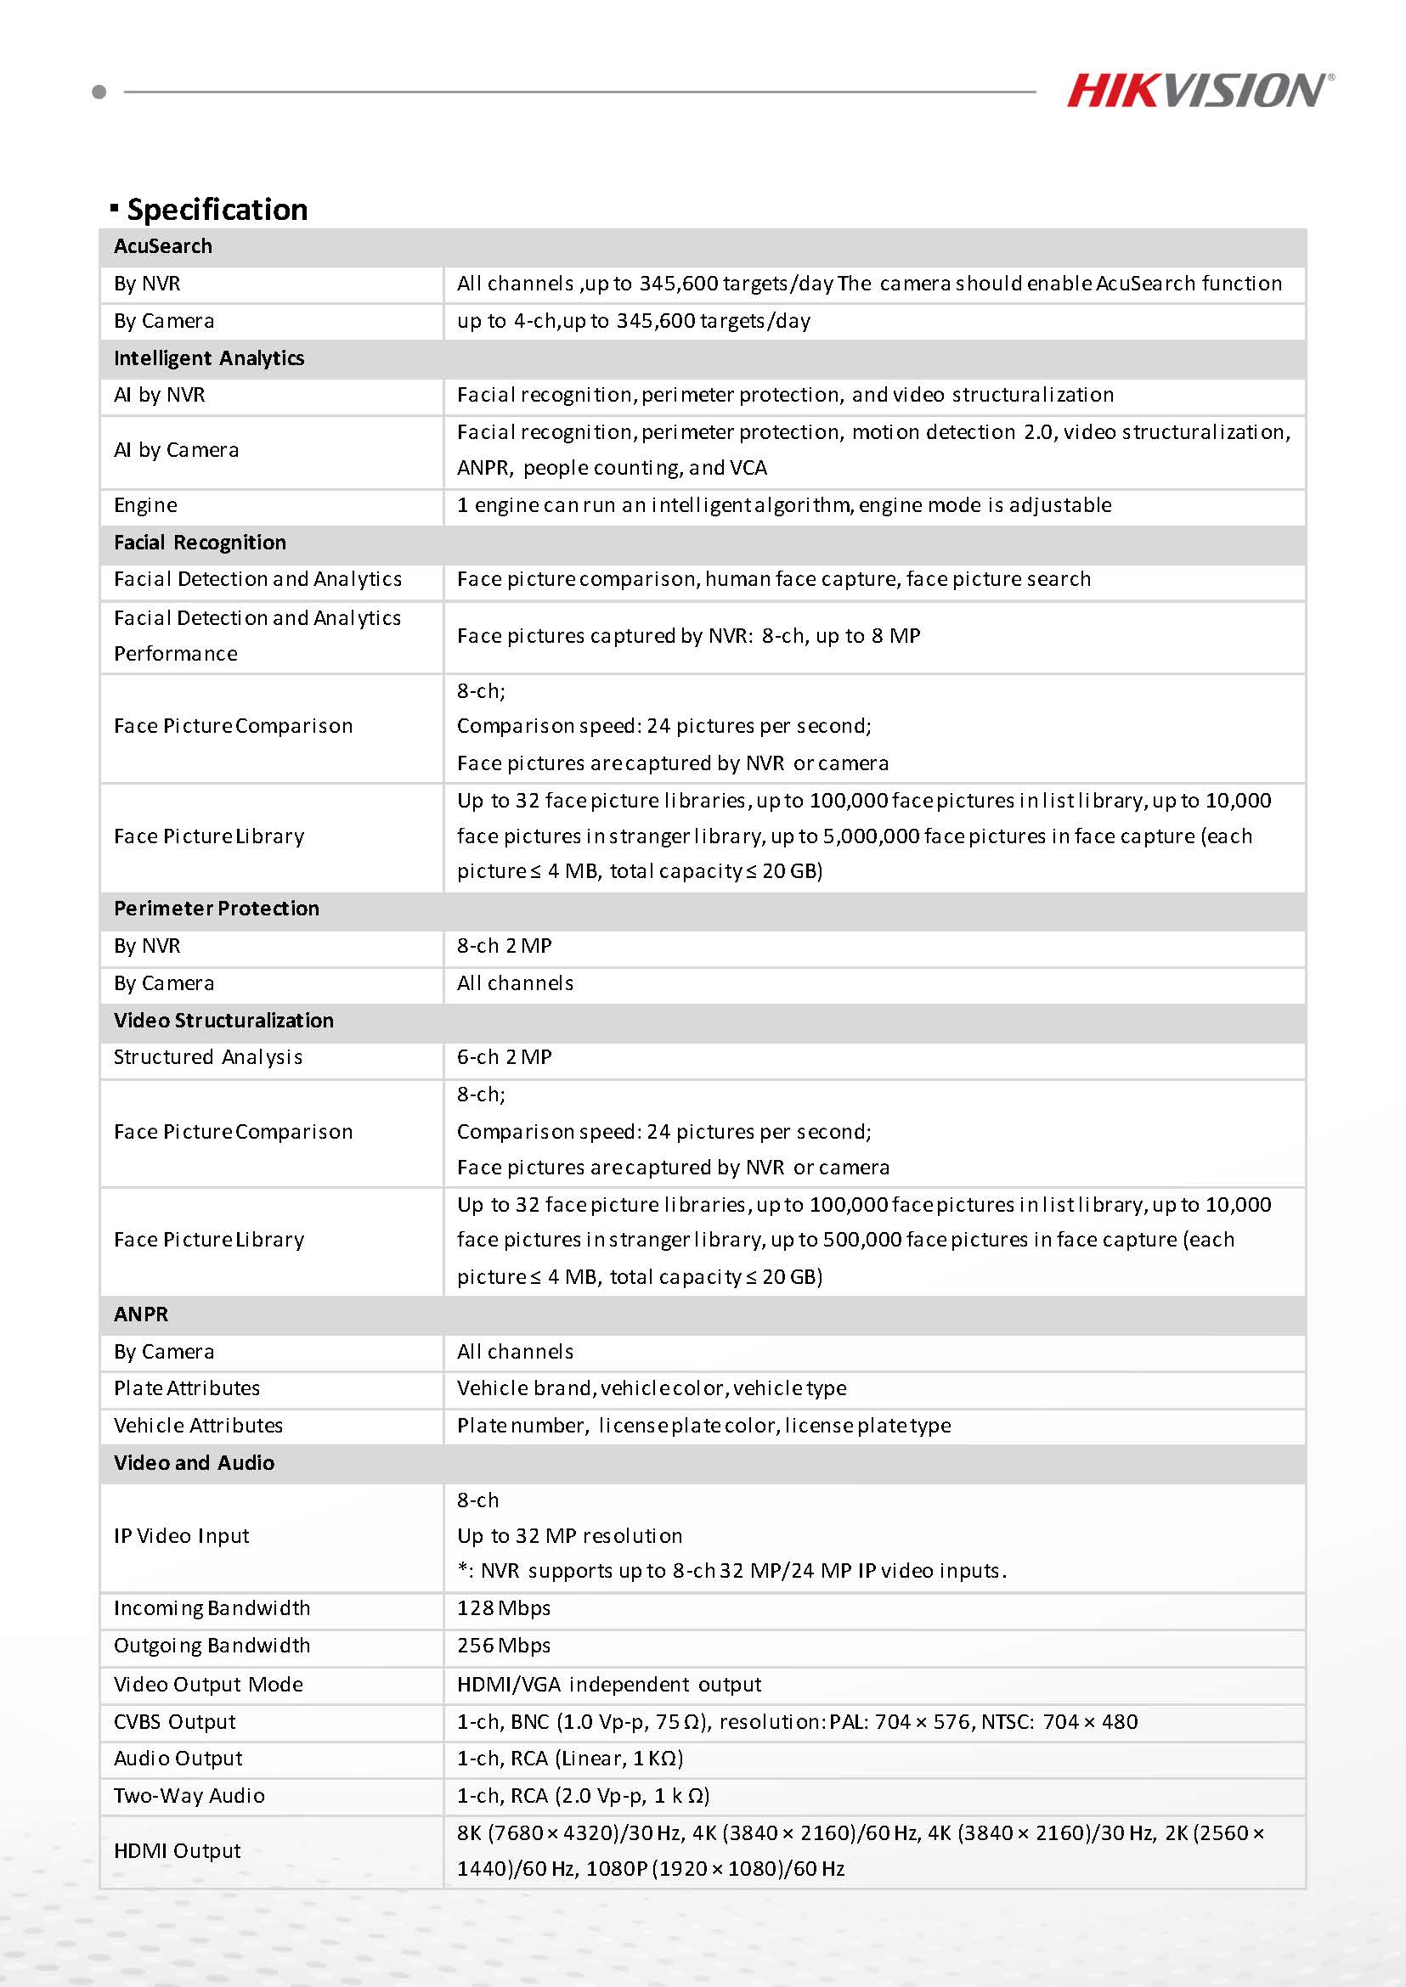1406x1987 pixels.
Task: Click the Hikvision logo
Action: click(x=1199, y=91)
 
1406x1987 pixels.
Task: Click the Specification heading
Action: click(x=217, y=210)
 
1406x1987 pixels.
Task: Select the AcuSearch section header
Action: click(x=163, y=246)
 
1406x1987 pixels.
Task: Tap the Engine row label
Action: click(x=145, y=505)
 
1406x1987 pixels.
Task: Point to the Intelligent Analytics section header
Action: click(x=209, y=358)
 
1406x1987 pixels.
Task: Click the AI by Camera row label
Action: click(x=176, y=450)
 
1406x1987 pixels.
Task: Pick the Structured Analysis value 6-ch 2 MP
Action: click(x=504, y=1057)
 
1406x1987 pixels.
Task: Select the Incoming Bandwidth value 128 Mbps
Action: click(x=504, y=1608)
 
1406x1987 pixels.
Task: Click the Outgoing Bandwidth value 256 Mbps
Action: click(x=504, y=1645)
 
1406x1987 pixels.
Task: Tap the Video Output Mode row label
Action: click(x=209, y=1684)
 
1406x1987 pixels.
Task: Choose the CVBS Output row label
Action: click(x=175, y=1721)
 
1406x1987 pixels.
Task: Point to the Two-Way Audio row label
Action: click(x=189, y=1796)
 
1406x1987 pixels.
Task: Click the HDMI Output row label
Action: click(x=178, y=1850)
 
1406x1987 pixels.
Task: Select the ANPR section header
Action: click(x=141, y=1314)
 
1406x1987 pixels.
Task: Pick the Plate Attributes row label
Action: click(x=187, y=1388)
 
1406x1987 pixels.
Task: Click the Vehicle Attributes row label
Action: click(x=198, y=1426)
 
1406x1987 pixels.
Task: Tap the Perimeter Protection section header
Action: click(x=217, y=909)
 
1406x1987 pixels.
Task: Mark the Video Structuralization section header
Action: click(x=223, y=1021)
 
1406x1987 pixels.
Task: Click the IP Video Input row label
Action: click(x=181, y=1536)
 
